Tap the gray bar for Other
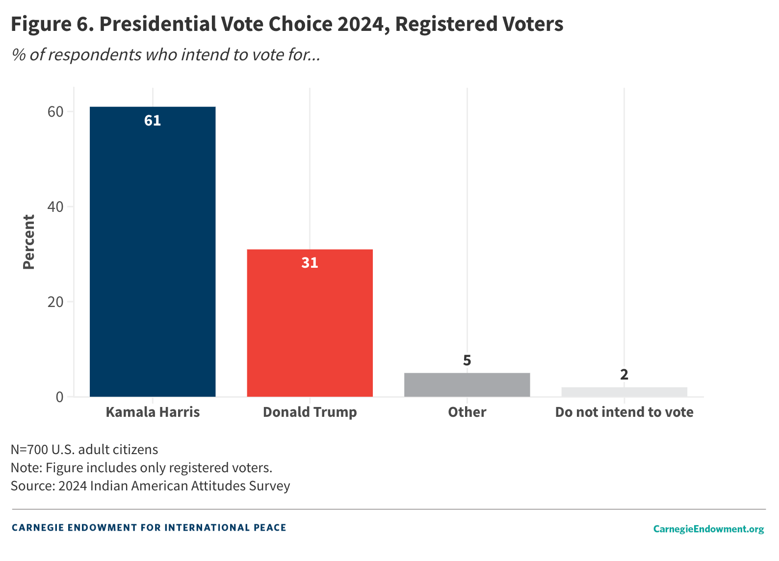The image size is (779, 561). click(x=467, y=385)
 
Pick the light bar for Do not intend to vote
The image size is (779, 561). click(x=624, y=392)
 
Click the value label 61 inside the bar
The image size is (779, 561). click(x=153, y=121)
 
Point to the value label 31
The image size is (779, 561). click(x=310, y=263)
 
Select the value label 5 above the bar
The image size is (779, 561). click(x=467, y=361)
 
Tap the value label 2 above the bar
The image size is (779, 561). click(x=624, y=375)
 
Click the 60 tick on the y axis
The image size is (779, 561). click(x=56, y=112)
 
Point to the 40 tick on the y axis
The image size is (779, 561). click(x=56, y=207)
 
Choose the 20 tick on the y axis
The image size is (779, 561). click(x=56, y=302)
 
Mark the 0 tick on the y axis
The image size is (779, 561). click(x=60, y=397)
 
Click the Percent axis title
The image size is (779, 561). click(x=28, y=242)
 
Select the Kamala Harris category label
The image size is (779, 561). click(x=153, y=412)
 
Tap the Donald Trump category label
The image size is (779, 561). click(x=310, y=412)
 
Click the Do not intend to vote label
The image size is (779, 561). click(x=624, y=412)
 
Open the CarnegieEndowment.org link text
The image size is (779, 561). click(x=708, y=529)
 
